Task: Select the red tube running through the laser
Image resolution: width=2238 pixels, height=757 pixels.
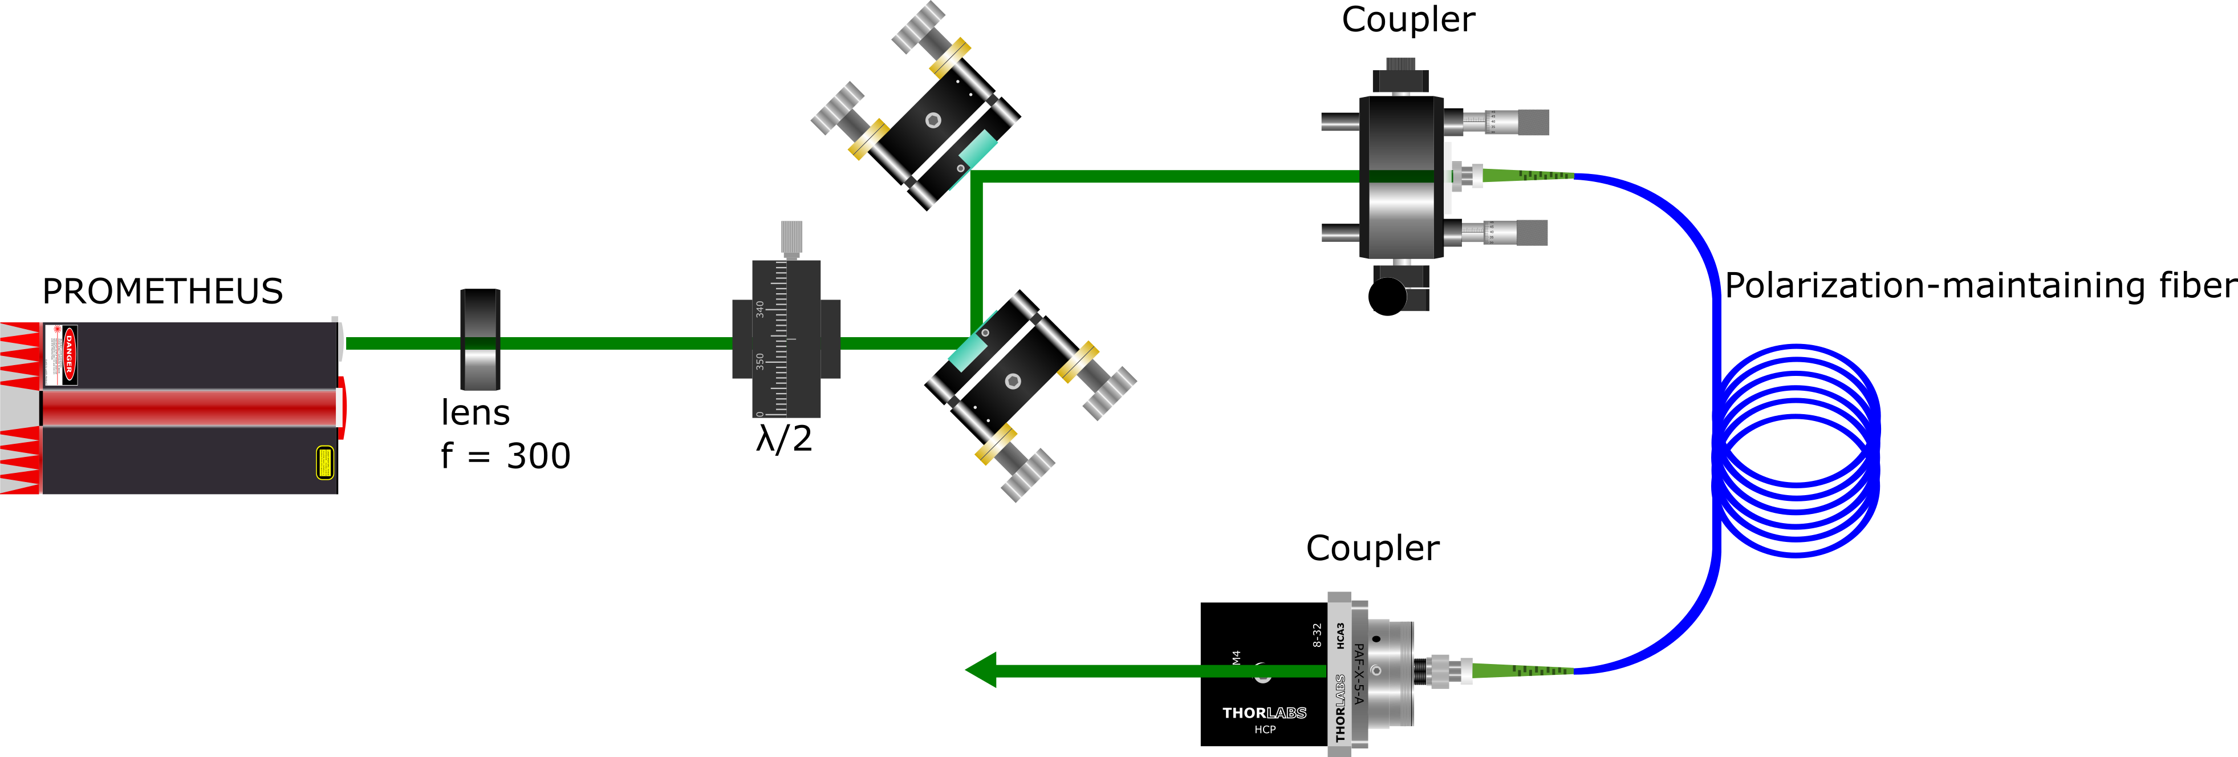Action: coord(189,408)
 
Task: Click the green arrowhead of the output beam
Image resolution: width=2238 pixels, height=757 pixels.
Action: coord(982,670)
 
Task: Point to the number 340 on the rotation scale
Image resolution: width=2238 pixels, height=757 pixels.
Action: coord(760,309)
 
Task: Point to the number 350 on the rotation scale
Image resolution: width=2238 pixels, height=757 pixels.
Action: coord(760,361)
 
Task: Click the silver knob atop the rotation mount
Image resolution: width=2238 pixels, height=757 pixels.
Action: coord(791,237)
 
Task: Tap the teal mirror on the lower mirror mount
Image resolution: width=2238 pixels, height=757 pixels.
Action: coord(966,352)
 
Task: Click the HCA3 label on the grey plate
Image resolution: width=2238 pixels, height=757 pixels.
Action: coord(1341,635)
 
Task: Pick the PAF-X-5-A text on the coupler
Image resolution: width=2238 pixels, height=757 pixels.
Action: coord(1359,674)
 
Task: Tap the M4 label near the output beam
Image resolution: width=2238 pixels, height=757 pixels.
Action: coord(1236,658)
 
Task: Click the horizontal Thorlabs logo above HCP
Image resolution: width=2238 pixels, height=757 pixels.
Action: coord(1264,713)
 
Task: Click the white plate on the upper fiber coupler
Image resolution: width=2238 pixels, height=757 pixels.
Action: coord(1447,177)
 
